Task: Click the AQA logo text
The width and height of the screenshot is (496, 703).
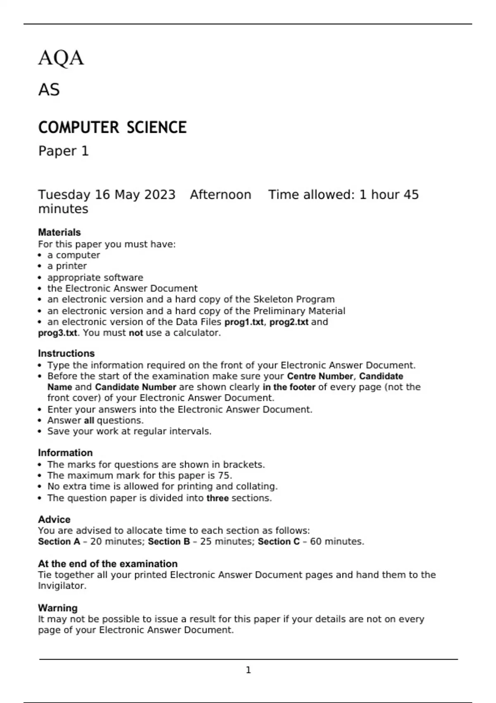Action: (x=61, y=58)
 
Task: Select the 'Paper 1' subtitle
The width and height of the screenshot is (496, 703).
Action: (x=64, y=151)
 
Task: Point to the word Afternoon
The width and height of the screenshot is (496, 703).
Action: (x=220, y=195)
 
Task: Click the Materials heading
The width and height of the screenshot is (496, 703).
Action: (x=60, y=232)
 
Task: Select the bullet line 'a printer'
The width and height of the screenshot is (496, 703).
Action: (x=67, y=266)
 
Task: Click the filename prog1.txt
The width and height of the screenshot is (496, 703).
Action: (x=244, y=322)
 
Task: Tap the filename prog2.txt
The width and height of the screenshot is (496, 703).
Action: (x=289, y=322)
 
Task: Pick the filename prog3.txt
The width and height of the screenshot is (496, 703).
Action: (x=57, y=333)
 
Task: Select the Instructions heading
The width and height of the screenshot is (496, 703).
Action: (x=66, y=354)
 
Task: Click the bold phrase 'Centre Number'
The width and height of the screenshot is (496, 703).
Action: (x=320, y=376)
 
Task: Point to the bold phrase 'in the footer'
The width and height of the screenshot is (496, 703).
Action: (x=289, y=387)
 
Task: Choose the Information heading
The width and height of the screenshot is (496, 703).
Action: (x=65, y=453)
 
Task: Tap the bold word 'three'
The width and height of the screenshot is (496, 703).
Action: (x=217, y=498)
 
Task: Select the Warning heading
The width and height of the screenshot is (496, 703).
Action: (x=58, y=608)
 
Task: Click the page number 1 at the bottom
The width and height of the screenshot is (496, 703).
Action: (x=248, y=670)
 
